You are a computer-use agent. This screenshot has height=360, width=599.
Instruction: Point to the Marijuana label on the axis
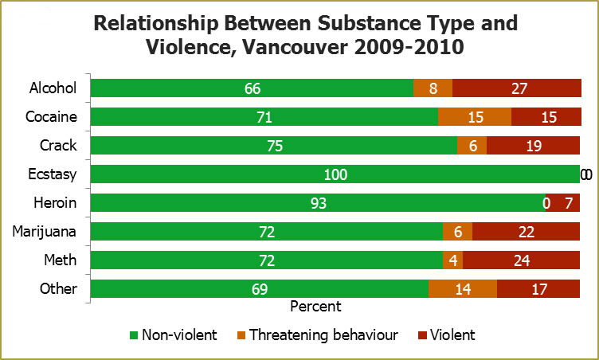tap(45, 231)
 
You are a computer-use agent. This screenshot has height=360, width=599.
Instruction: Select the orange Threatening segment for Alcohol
tap(433, 88)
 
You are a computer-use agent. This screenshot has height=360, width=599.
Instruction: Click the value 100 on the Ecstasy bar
tap(335, 174)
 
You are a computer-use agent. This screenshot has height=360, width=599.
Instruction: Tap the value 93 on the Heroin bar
tap(317, 203)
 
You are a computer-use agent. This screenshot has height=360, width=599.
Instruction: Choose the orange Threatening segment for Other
tap(462, 289)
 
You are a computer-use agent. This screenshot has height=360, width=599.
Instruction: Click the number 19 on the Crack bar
tap(533, 146)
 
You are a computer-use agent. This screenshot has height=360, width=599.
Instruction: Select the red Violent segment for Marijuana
tap(526, 232)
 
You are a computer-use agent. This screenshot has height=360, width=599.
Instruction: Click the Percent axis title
tap(315, 306)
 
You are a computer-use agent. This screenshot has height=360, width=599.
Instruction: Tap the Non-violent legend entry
tap(173, 335)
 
